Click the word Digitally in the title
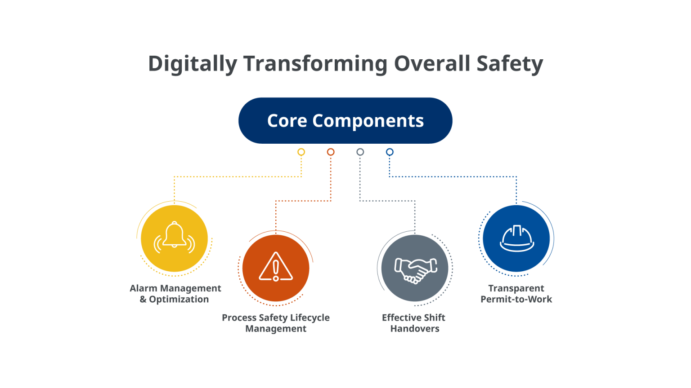click(x=192, y=64)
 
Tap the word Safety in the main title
click(x=510, y=64)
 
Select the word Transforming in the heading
click(x=315, y=64)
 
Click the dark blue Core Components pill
click(x=345, y=121)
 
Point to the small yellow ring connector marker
click(x=301, y=152)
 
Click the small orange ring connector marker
click(x=331, y=152)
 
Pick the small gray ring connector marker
click(x=360, y=152)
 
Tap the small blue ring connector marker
click(x=390, y=152)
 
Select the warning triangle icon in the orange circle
click(x=276, y=267)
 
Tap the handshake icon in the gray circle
click(x=415, y=269)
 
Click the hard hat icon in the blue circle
click(x=516, y=238)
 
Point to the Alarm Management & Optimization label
click(x=175, y=294)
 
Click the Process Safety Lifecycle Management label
click(x=276, y=323)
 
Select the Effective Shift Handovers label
click(x=414, y=323)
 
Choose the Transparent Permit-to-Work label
click(x=516, y=294)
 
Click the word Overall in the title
click(x=432, y=64)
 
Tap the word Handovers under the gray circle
click(x=415, y=329)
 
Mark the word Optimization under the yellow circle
click(x=179, y=300)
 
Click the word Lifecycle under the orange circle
click(x=310, y=317)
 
